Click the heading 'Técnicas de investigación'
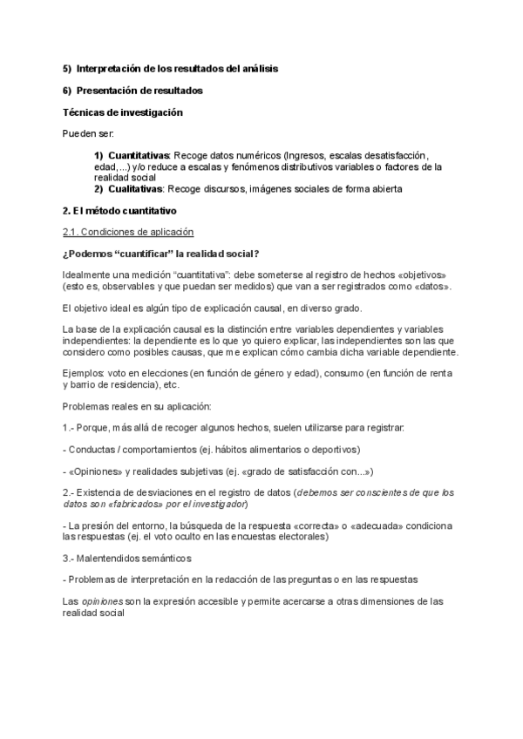(x=122, y=112)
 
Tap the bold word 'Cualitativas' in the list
(x=135, y=188)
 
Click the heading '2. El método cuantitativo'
(x=119, y=210)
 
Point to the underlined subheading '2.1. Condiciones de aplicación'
(x=127, y=232)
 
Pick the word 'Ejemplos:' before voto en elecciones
(x=84, y=373)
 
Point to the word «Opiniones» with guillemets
(x=96, y=471)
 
